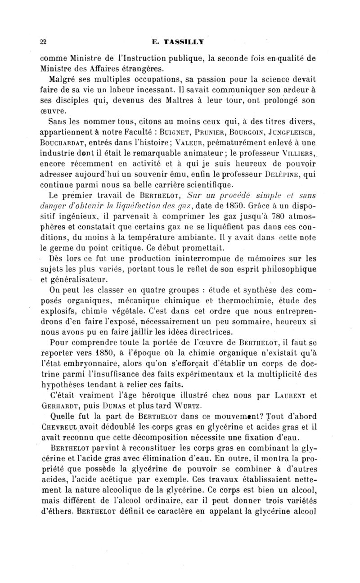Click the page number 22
43,42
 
